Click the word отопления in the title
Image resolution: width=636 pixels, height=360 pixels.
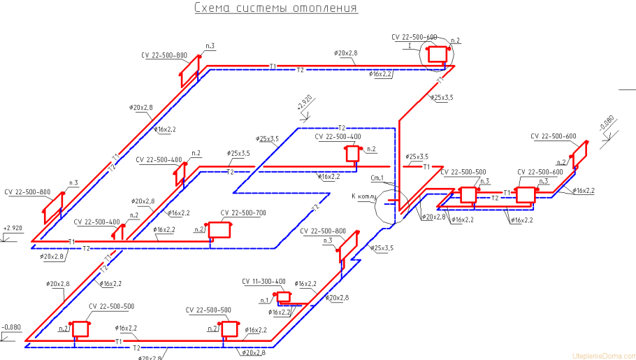[x=324, y=9]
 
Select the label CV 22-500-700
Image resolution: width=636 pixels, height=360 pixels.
[x=243, y=213]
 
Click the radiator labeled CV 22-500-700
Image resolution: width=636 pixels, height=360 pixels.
[x=219, y=229]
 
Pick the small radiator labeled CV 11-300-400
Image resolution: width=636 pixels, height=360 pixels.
[x=283, y=297]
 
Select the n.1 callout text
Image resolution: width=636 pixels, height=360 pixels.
[x=265, y=299]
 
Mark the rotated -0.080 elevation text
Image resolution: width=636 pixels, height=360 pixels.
[x=605, y=124]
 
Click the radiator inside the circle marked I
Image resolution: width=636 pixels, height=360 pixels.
[x=438, y=53]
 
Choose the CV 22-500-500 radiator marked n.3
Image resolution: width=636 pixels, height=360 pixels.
[x=468, y=194]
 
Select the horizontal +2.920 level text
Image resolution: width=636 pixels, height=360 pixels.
[x=13, y=229]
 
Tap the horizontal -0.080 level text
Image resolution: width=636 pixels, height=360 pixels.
[x=11, y=327]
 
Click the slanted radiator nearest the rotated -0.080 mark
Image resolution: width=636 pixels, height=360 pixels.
[x=579, y=154]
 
